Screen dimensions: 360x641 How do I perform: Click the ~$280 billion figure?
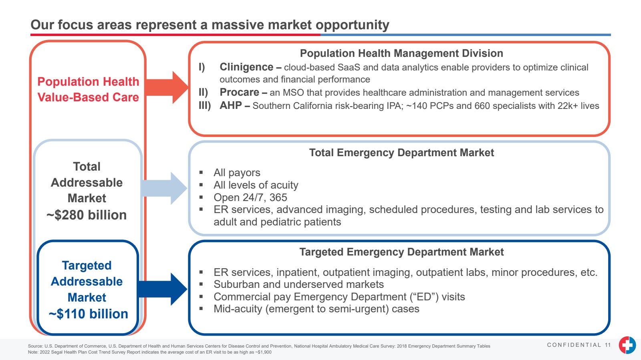(87, 215)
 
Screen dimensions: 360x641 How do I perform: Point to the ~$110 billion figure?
(88, 314)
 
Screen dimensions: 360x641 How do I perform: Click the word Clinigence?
(246, 67)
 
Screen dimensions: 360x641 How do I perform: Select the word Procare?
(239, 93)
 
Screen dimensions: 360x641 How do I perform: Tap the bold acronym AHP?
(231, 106)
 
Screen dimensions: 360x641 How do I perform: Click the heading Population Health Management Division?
(401, 53)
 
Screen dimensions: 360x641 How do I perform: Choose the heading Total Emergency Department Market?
(401, 153)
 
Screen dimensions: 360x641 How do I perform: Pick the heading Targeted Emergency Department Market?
(401, 252)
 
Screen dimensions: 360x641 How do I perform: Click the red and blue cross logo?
(627, 345)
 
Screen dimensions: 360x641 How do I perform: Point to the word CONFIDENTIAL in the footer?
(574, 345)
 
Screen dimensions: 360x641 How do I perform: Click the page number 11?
(608, 345)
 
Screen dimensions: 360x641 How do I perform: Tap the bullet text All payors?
(237, 173)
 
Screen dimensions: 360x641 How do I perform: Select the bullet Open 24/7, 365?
(250, 197)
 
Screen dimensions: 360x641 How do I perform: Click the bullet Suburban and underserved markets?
(298, 284)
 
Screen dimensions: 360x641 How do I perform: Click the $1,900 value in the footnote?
(264, 352)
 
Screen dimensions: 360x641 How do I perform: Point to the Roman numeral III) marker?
(205, 106)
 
